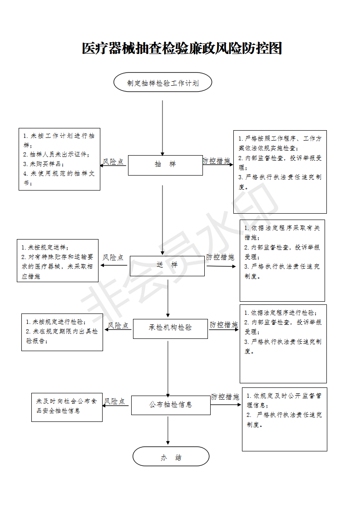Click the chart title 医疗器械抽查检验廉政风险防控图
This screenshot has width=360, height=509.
[182, 49]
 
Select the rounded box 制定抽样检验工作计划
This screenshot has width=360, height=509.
[163, 82]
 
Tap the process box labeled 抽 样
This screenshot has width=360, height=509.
[165, 165]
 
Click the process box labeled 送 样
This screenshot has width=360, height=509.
[168, 266]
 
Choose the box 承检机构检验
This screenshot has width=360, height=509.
[170, 328]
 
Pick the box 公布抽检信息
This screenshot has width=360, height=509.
[171, 405]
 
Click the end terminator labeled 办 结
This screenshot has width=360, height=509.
[171, 456]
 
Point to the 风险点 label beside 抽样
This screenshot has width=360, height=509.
[113, 162]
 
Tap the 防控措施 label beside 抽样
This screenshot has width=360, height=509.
[217, 161]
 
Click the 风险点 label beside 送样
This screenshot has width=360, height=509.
[113, 257]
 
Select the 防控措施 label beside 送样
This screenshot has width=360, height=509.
[220, 257]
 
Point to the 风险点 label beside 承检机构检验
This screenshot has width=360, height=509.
[118, 325]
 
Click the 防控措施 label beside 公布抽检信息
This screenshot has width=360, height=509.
[225, 396]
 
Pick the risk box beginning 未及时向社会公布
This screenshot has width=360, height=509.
[67, 407]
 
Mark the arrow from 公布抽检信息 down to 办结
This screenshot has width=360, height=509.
[168, 430]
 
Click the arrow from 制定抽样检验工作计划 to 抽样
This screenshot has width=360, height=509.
[163, 128]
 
